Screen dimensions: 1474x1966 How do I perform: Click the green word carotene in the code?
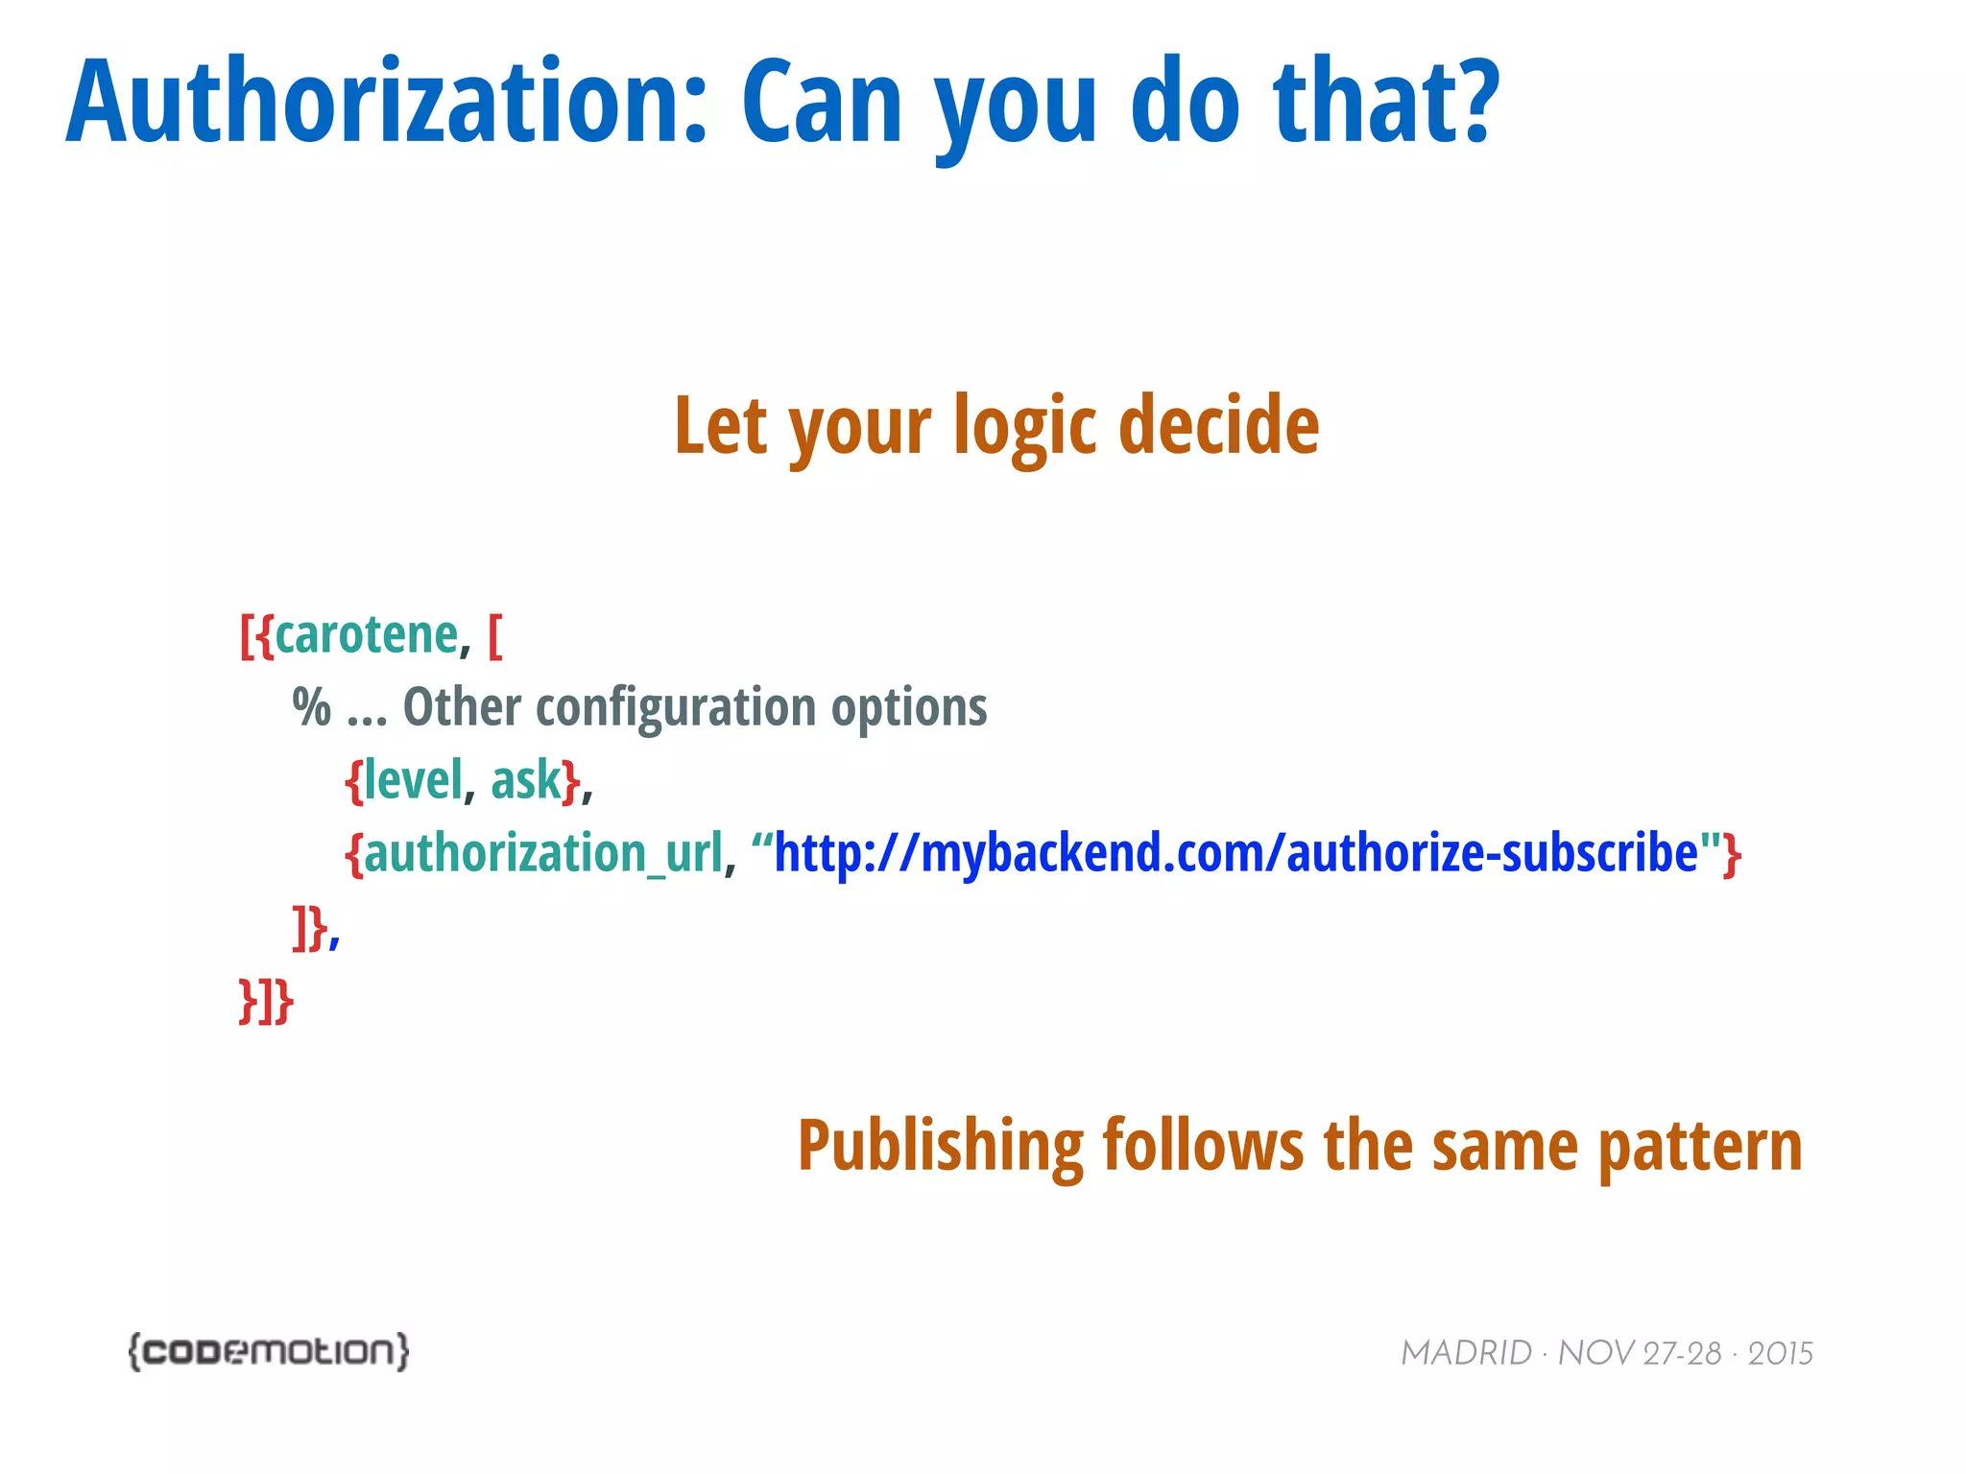(367, 635)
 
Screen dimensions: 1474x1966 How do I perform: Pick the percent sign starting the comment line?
(312, 708)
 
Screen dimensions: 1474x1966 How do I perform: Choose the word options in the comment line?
(908, 708)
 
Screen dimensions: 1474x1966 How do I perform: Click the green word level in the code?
(414, 779)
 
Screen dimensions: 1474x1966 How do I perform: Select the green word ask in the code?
(526, 779)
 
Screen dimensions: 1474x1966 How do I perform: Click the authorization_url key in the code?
(543, 853)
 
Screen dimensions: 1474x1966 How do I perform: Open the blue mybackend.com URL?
(1235, 853)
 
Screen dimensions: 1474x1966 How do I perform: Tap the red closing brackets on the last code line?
(266, 1001)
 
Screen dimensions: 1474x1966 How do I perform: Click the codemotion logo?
(269, 1351)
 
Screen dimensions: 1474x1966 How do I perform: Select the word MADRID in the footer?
(1466, 1353)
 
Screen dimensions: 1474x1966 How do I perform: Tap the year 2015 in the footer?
(1780, 1353)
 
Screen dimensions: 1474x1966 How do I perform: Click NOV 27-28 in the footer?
(1639, 1353)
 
